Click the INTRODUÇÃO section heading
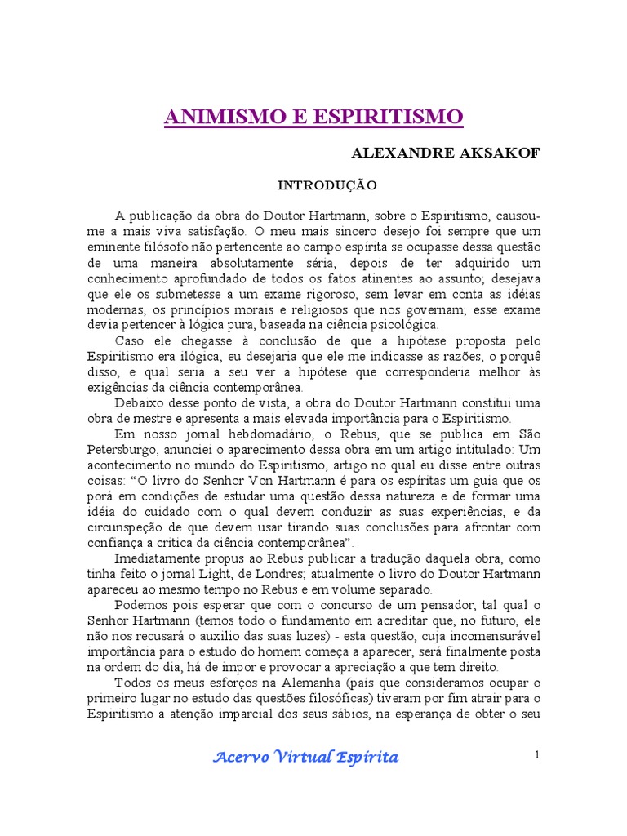tap(327, 185)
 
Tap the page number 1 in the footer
tap(537, 755)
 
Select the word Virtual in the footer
tap(304, 757)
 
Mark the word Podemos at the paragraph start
tap(141, 605)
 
